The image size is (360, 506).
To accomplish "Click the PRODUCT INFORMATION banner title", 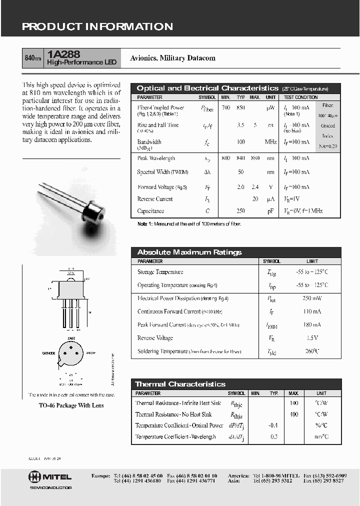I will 97,27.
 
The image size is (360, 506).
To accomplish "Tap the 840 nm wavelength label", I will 33,58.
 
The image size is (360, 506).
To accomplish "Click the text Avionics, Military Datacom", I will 172,58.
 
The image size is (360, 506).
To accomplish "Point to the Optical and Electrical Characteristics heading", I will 207,88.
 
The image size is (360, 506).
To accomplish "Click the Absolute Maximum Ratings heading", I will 189,252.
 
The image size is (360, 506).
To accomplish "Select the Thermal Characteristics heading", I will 180,384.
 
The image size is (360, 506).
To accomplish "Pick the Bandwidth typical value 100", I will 241,142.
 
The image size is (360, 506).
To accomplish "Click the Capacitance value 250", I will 241,211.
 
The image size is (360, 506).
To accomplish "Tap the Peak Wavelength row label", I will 156,158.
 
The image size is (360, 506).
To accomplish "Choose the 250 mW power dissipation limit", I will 312,298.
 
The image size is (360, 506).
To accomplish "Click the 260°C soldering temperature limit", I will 312,351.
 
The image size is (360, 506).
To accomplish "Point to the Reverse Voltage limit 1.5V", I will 312,338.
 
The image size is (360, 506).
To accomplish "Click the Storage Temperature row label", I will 160,272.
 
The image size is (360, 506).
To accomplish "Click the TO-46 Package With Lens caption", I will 71,405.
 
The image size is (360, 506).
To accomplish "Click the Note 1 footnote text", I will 189,224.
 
